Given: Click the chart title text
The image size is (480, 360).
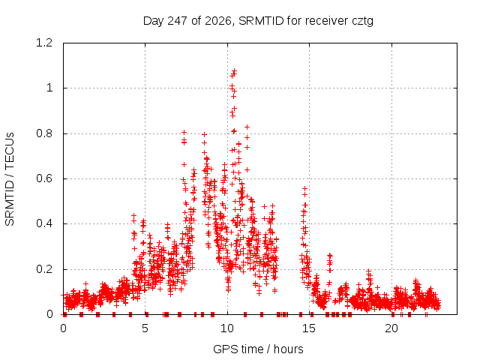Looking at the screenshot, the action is pos(258,21).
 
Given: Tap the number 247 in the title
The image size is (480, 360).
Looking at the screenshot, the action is pos(178,21).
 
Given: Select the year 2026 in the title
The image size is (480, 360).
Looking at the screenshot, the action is pos(218,22).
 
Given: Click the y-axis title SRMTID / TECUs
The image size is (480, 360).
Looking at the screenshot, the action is pos(10,179).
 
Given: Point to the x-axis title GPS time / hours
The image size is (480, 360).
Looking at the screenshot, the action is pos(258,349).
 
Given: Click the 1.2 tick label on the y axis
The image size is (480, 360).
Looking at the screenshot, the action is pos(44,43).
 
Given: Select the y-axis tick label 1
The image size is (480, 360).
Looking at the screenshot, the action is pos(49,88).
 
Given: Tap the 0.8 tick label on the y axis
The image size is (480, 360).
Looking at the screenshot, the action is pos(44,133).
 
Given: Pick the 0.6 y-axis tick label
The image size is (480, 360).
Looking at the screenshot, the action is pos(44,178).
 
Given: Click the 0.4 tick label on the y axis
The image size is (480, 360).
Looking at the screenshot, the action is pos(44,223).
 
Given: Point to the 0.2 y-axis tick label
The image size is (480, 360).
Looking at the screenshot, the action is pos(44,269).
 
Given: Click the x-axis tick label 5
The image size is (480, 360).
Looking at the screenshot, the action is pos(145,328).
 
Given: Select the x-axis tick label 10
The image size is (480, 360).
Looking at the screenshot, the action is pos(227,328).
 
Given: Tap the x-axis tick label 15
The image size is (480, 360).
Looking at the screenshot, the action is pos(309,328).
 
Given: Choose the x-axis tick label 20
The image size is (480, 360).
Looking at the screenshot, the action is pos(391,328).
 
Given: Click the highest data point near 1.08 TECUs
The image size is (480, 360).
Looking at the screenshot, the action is pos(235,70).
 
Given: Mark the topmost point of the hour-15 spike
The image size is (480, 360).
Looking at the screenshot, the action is pos(304,188).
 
